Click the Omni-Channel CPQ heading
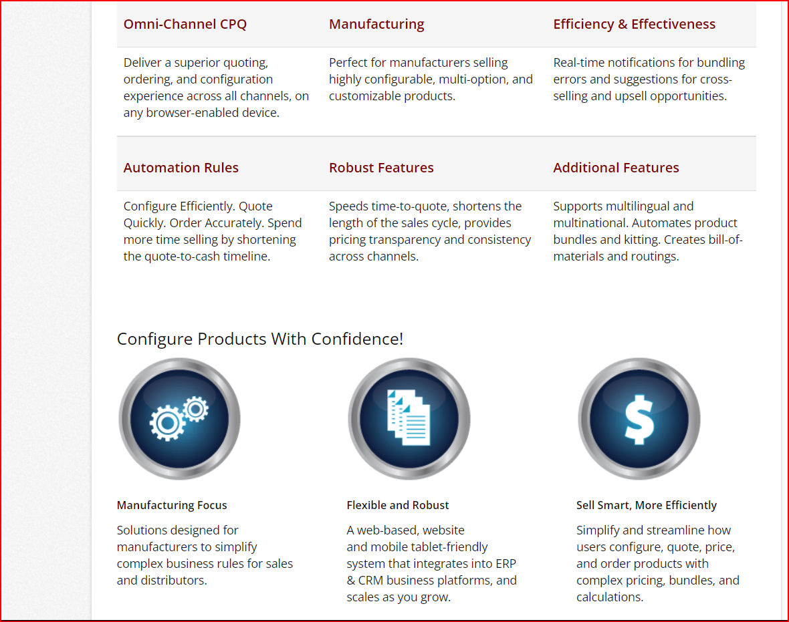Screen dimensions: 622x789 185,24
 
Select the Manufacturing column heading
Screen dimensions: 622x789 376,24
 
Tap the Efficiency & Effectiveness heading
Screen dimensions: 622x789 634,24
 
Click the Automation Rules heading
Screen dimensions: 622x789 181,168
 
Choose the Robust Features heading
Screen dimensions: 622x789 381,168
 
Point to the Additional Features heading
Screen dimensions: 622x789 616,168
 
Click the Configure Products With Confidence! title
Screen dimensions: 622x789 260,339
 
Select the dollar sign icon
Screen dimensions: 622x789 639,418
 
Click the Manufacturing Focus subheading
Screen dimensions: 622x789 172,505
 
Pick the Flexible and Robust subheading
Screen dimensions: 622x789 398,505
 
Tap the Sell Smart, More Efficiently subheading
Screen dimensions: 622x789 646,505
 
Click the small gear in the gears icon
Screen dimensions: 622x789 195,408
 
